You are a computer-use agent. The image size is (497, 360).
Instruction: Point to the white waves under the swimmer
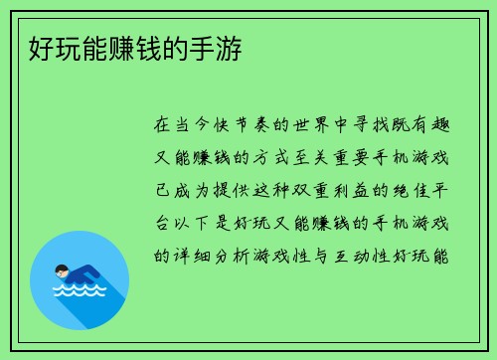click(x=81, y=291)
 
